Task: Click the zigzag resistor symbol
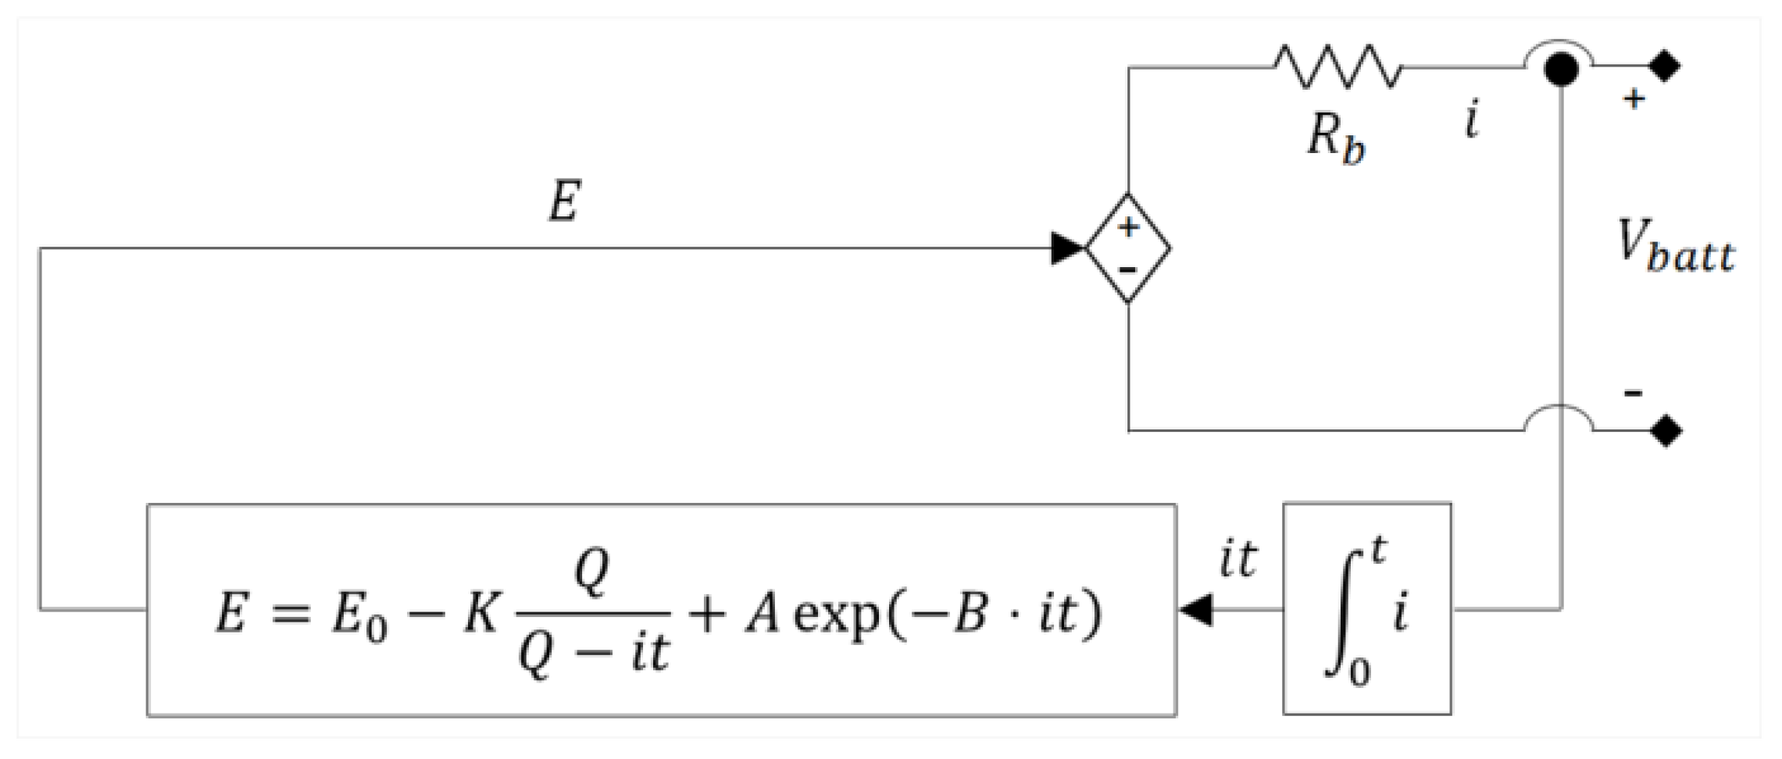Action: click(x=1338, y=66)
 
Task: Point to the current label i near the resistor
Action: click(x=1472, y=122)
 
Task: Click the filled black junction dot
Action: click(x=1561, y=69)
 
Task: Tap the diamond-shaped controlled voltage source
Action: click(x=1128, y=248)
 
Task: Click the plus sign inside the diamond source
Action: click(x=1128, y=227)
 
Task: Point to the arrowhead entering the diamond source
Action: click(x=1067, y=248)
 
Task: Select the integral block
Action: click(x=1367, y=609)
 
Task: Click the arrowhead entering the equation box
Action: click(x=1195, y=609)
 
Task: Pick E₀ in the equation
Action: click(x=359, y=614)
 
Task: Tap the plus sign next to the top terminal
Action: click(x=1634, y=99)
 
